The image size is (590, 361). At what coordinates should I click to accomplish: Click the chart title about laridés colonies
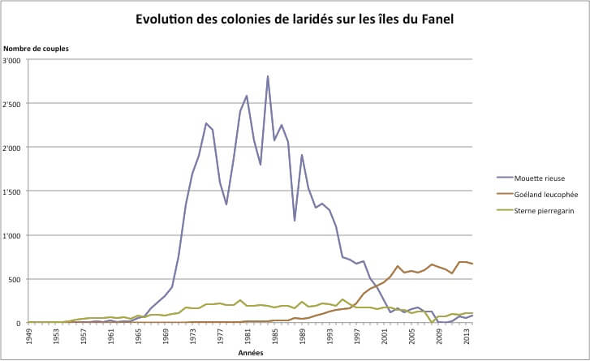click(295, 19)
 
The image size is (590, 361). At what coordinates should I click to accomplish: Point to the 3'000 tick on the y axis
click(14, 61)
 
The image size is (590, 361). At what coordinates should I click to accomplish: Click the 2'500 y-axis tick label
click(14, 105)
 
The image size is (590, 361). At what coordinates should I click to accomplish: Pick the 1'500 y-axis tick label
click(14, 191)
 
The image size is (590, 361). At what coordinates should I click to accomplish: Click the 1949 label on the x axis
click(29, 336)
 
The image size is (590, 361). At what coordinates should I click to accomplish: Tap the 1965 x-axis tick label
click(139, 336)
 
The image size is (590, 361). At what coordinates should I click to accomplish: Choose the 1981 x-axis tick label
click(248, 336)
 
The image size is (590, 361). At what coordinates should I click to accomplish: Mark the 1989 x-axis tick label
click(302, 336)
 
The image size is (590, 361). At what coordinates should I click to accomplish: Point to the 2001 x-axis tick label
click(384, 336)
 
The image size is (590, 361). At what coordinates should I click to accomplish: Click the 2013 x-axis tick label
click(466, 336)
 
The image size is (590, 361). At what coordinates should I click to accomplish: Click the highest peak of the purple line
click(267, 76)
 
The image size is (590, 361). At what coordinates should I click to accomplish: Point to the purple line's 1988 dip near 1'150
click(295, 221)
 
